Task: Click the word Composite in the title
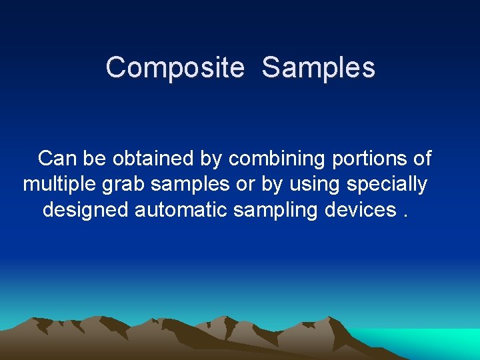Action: point(175,68)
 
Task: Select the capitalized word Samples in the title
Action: point(318,68)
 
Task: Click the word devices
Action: point(361,210)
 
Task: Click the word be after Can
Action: point(94,159)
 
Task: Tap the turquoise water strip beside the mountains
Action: point(433,340)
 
